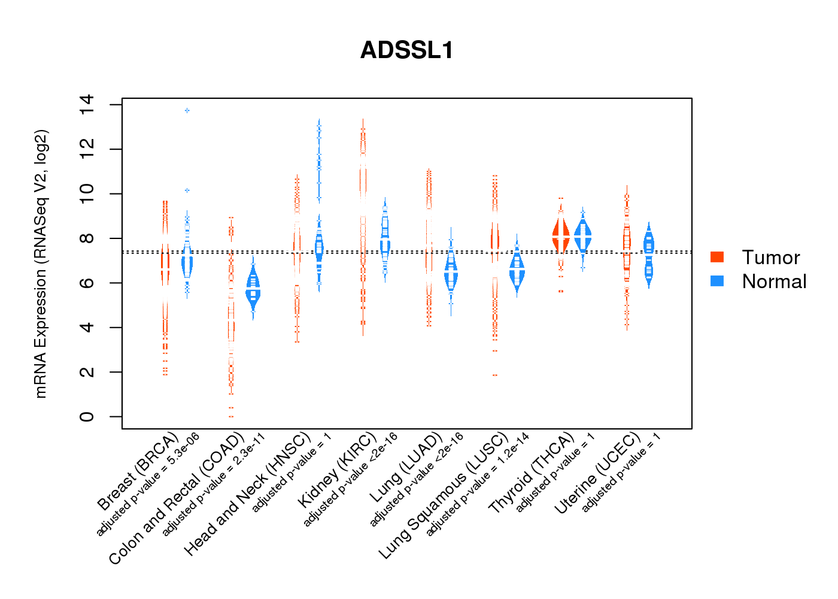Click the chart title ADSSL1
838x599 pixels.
pos(407,50)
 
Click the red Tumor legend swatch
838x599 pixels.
pos(717,257)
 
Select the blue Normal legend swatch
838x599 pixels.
pos(717,281)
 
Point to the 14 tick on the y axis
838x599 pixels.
pos(86,105)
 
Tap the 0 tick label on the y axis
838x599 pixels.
pos(86,416)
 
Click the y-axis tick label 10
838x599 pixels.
pos(86,193)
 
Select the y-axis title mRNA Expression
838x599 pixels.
pos(41,264)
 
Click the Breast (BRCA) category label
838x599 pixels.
pos(138,471)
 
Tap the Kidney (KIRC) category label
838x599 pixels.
pos(337,470)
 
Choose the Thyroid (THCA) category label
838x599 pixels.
pos(531,474)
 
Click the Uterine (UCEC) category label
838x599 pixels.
pos(597,474)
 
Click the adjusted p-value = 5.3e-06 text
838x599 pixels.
pos(148,484)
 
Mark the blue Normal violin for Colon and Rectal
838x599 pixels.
pos(253,291)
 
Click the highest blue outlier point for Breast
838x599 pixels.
pos(187,111)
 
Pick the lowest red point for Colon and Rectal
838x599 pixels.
pos(231,416)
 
